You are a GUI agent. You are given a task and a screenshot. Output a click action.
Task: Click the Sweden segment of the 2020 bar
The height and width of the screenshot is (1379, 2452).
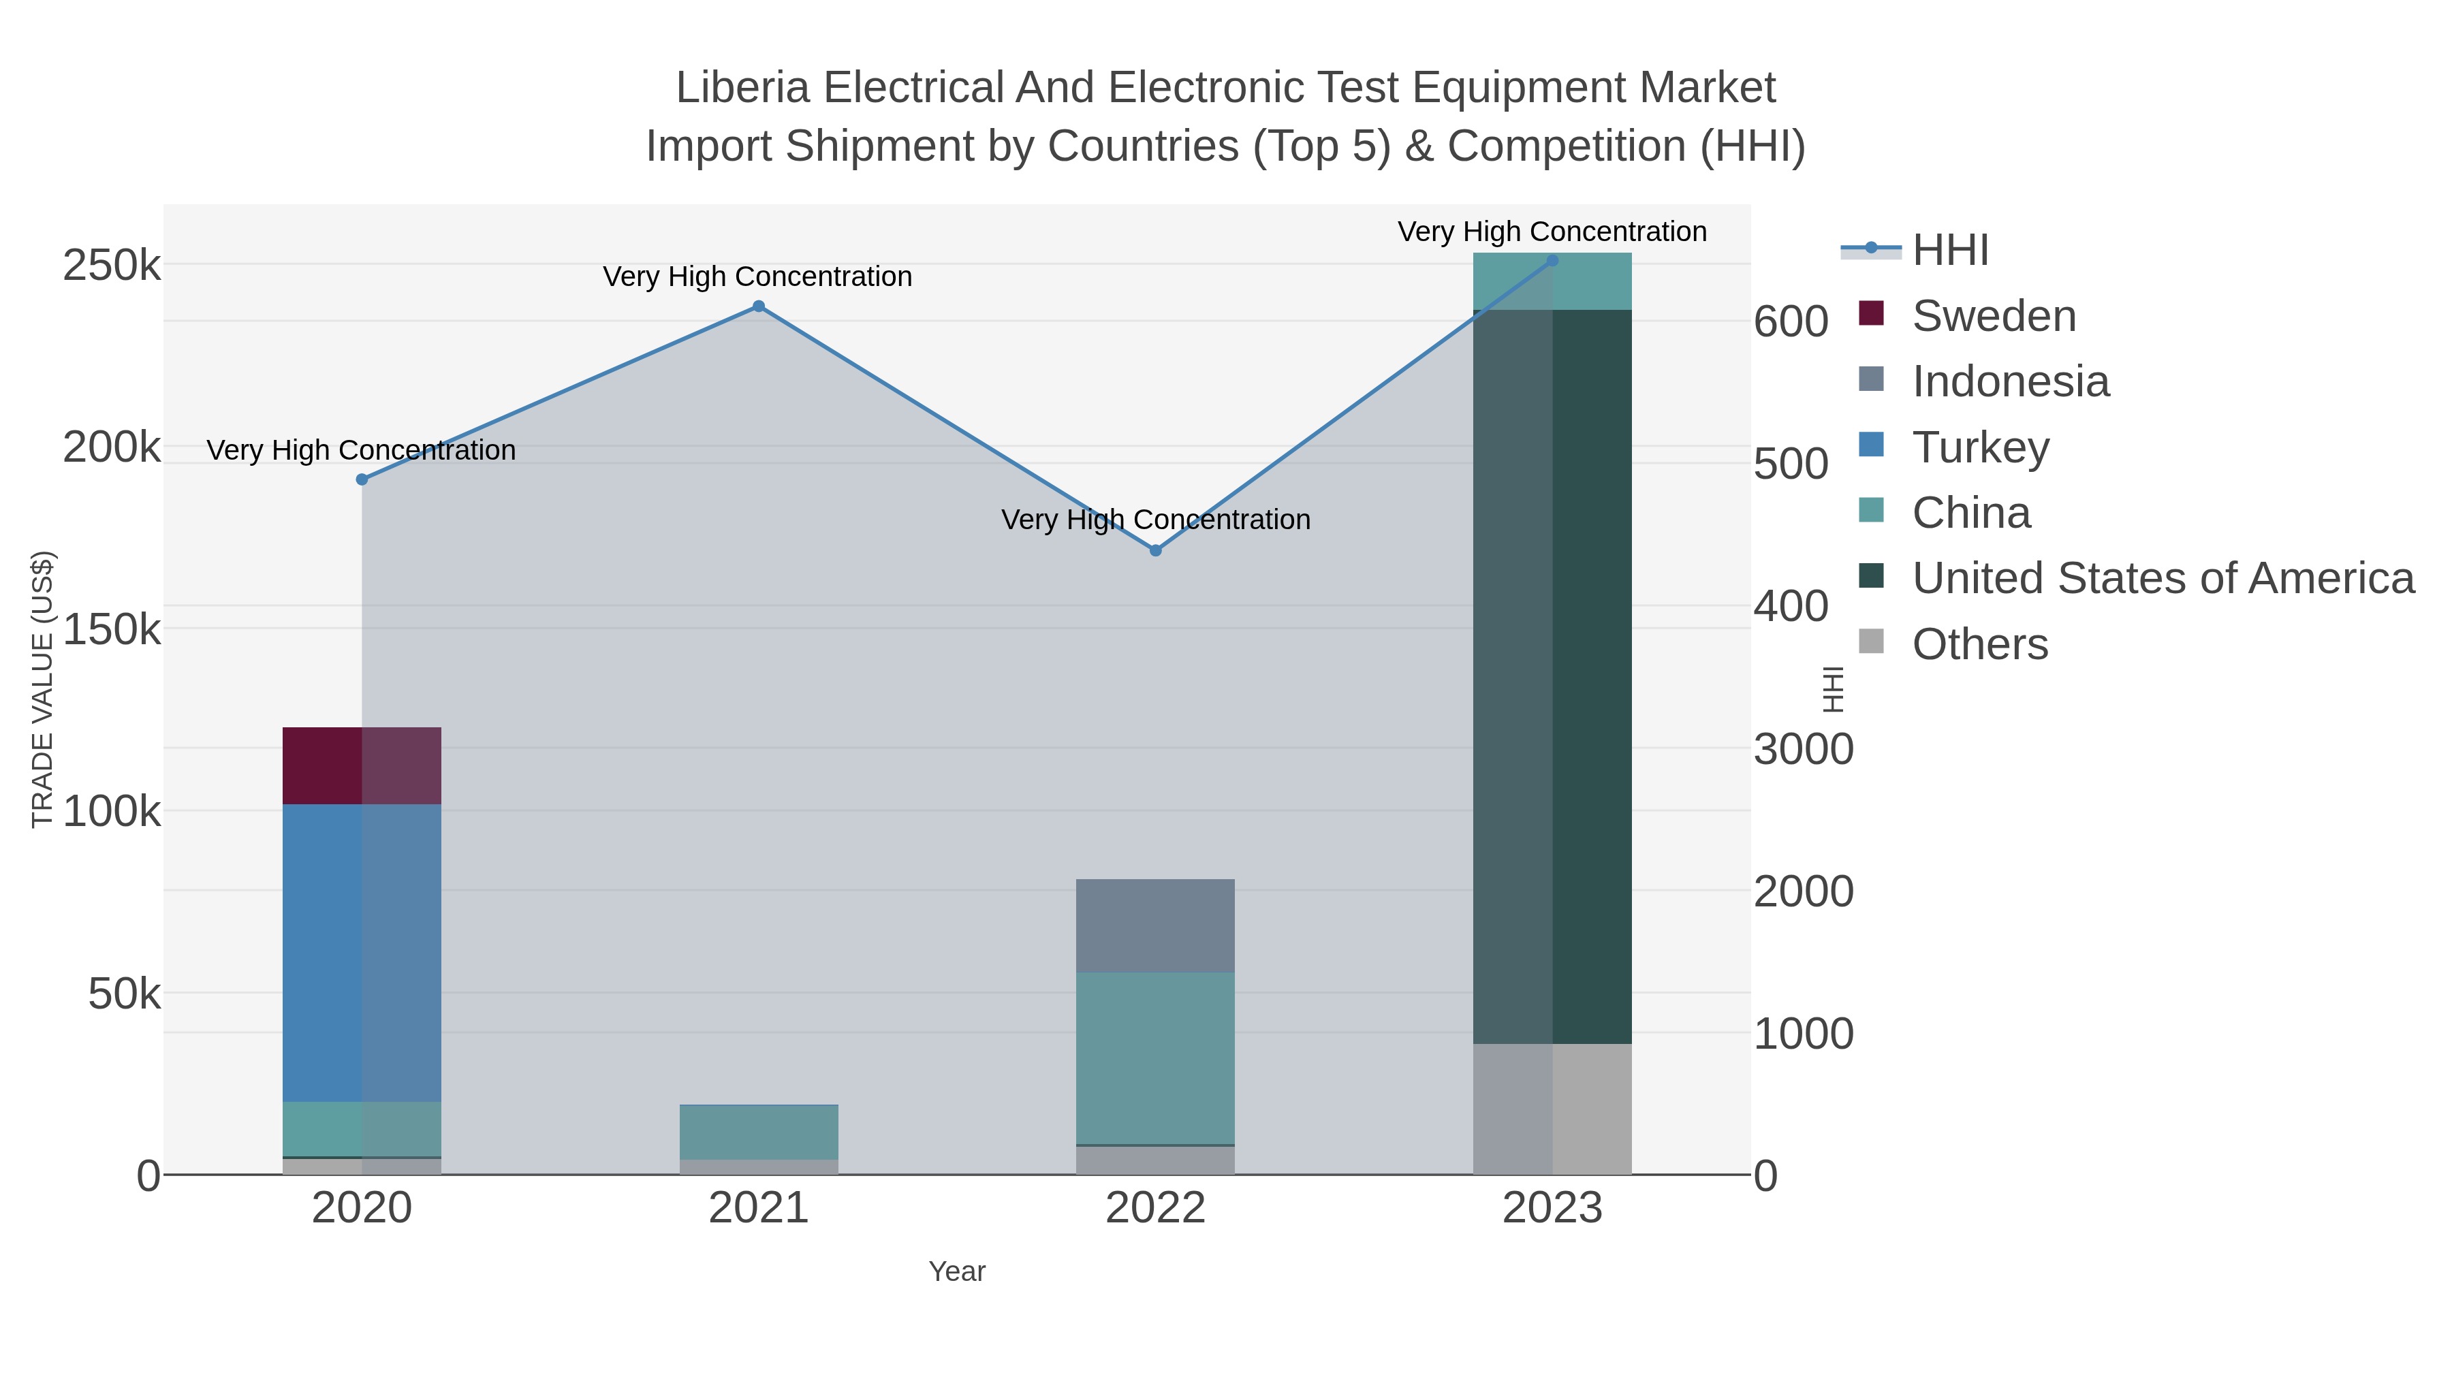pos(362,765)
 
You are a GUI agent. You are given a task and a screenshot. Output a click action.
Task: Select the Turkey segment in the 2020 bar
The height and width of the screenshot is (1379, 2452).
pos(362,952)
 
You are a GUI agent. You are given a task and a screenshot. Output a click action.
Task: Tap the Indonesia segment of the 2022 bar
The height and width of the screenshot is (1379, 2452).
pos(1154,925)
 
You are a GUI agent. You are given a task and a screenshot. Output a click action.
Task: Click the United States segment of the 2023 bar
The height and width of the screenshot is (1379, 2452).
pos(1552,676)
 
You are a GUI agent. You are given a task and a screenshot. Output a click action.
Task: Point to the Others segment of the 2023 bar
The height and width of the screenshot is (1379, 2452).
pos(1552,1109)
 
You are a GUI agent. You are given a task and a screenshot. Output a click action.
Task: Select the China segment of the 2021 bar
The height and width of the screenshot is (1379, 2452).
pos(759,1132)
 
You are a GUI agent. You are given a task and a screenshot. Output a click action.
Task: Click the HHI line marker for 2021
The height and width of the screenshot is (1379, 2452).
pos(759,306)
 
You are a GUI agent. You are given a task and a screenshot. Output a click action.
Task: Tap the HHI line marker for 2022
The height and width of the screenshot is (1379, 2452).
pos(1156,550)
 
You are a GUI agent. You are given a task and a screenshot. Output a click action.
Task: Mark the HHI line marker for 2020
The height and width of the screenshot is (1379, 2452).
pos(362,479)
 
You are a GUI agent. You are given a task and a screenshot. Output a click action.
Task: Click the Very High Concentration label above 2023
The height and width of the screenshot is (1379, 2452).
pos(1552,232)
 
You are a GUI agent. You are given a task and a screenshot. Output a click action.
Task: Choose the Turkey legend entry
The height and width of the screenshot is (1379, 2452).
pos(1980,447)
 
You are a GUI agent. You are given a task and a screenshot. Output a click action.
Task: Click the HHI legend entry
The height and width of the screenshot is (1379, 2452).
pos(1949,251)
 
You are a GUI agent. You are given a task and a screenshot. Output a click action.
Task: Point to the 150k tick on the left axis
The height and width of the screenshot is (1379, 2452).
pos(112,629)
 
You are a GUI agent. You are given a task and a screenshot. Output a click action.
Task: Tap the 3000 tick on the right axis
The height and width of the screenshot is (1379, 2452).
pos(1803,750)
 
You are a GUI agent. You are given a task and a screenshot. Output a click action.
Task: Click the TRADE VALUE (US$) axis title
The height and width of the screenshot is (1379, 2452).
pos(43,689)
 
